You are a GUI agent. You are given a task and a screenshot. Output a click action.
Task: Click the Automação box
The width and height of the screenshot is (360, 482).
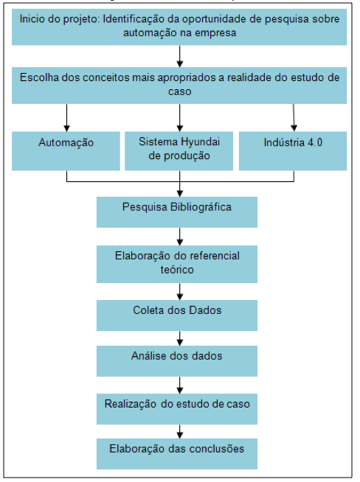66,151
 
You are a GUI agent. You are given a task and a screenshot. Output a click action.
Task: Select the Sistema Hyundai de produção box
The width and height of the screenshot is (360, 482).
179,151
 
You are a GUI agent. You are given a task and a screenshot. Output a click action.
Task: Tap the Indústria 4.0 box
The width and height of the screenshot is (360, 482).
293,151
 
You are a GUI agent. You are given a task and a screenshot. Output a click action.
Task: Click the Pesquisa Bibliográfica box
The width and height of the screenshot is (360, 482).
177,212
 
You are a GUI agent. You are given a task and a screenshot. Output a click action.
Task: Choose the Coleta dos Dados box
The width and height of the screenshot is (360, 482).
177,315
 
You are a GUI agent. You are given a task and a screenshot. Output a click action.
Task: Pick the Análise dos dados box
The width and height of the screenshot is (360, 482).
177,361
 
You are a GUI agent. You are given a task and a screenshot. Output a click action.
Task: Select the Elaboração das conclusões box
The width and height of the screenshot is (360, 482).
177,454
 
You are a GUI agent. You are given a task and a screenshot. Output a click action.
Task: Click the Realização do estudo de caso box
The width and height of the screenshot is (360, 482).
177,409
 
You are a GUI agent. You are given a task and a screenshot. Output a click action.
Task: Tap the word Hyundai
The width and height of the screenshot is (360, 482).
201,142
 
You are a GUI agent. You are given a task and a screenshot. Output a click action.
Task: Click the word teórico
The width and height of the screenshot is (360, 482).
177,270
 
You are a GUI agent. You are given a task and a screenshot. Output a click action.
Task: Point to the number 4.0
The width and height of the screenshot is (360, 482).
315,142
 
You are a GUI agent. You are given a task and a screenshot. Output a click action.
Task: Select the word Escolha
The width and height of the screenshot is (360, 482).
39,77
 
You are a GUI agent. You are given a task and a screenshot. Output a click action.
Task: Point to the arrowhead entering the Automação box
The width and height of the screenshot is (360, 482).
67,128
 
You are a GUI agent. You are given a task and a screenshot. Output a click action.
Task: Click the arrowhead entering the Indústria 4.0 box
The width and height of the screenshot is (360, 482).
294,128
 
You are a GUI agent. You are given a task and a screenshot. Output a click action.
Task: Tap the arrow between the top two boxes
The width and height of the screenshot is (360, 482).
180,56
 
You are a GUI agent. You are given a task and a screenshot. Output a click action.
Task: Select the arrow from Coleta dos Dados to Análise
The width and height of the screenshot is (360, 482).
180,338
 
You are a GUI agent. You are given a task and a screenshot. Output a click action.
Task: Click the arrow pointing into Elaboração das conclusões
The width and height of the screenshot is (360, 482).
180,432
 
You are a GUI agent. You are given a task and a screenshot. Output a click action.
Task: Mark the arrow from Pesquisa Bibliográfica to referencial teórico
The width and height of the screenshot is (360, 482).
180,237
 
